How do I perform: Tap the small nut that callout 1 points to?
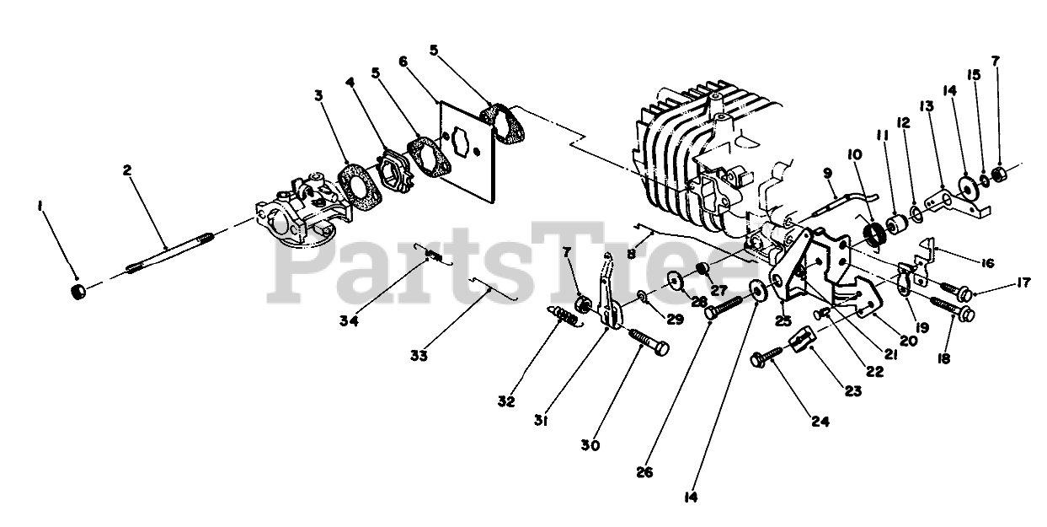tap(78, 292)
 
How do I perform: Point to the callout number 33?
tap(419, 356)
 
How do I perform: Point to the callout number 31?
tap(540, 419)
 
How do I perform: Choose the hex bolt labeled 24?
tap(765, 360)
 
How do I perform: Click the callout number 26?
tap(645, 472)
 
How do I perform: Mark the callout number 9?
tap(827, 173)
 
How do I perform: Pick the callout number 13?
tap(927, 106)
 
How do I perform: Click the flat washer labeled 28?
tap(675, 280)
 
